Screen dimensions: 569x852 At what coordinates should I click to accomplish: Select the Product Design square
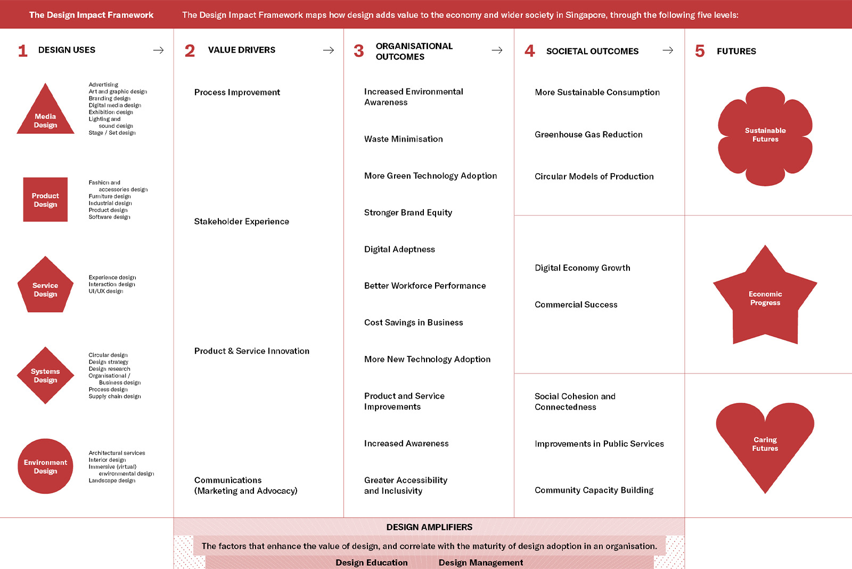click(x=45, y=199)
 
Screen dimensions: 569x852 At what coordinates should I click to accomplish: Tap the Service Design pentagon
click(x=45, y=288)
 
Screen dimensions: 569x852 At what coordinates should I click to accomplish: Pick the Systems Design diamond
click(x=45, y=375)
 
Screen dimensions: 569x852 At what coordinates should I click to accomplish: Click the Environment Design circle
click(x=45, y=466)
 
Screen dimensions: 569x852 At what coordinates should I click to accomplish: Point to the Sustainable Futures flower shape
click(x=765, y=136)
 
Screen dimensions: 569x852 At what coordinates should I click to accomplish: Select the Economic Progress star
click(x=765, y=298)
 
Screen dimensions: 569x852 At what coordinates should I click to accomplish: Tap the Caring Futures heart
click(x=765, y=442)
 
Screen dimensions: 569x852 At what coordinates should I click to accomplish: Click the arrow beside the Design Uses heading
click(x=158, y=50)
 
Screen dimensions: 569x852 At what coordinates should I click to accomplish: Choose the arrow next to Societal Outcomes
click(x=668, y=50)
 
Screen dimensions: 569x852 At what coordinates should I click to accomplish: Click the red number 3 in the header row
click(x=358, y=51)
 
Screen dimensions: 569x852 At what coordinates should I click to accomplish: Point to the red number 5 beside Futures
click(x=700, y=51)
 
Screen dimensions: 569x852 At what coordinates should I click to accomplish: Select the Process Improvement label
click(x=237, y=92)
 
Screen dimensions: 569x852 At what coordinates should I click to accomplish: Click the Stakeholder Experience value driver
click(x=241, y=222)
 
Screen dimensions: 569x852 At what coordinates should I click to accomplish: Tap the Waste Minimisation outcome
click(x=403, y=139)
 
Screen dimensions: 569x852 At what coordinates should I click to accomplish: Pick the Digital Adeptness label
click(x=399, y=249)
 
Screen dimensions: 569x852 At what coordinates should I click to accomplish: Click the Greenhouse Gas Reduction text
click(x=588, y=135)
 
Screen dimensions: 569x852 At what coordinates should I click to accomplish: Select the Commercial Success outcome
click(x=576, y=305)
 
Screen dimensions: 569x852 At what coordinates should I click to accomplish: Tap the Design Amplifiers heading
click(x=429, y=527)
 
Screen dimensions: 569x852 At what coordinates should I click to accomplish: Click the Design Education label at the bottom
click(x=371, y=563)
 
